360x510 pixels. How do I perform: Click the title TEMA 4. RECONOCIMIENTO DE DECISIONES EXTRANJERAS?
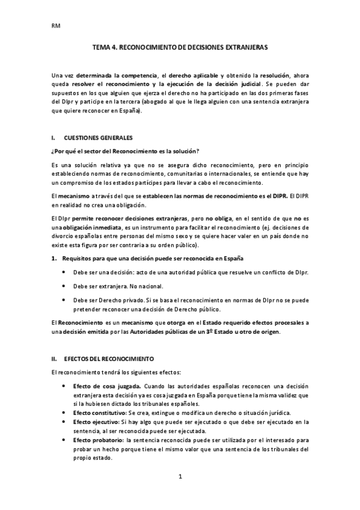[x=180, y=46]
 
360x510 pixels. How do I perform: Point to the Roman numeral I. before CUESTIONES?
[x=54, y=138]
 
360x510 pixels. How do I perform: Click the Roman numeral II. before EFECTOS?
[x=55, y=358]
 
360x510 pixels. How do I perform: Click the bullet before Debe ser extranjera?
[x=64, y=286]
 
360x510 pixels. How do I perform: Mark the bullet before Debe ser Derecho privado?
[x=64, y=299]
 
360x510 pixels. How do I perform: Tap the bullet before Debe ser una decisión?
[x=64, y=272]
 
